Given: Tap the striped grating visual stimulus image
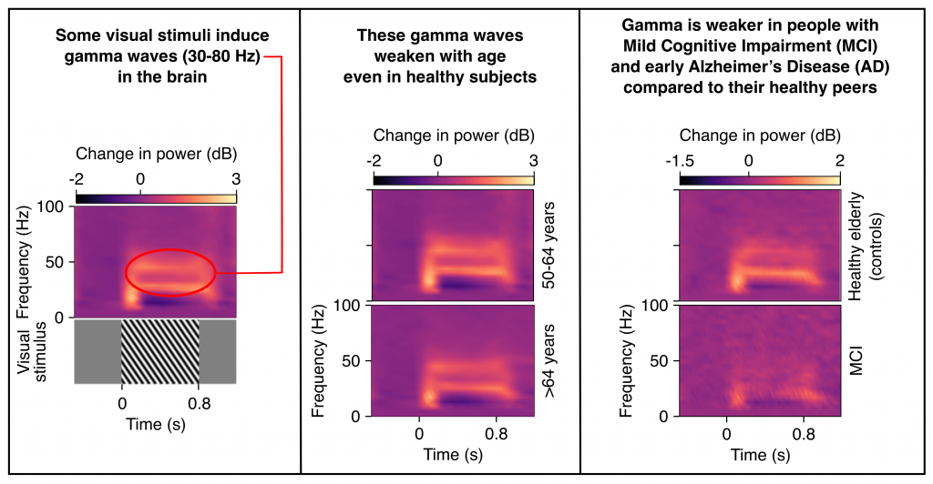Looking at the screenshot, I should (159, 351).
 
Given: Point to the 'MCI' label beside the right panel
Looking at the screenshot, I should (855, 362).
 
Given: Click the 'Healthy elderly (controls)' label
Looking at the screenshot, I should (862, 247).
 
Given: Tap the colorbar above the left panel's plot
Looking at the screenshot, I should (156, 197).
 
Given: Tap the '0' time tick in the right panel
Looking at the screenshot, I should (725, 434).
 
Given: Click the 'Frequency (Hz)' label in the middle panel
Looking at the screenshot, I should (319, 360).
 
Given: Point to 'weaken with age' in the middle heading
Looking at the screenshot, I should (439, 57).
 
